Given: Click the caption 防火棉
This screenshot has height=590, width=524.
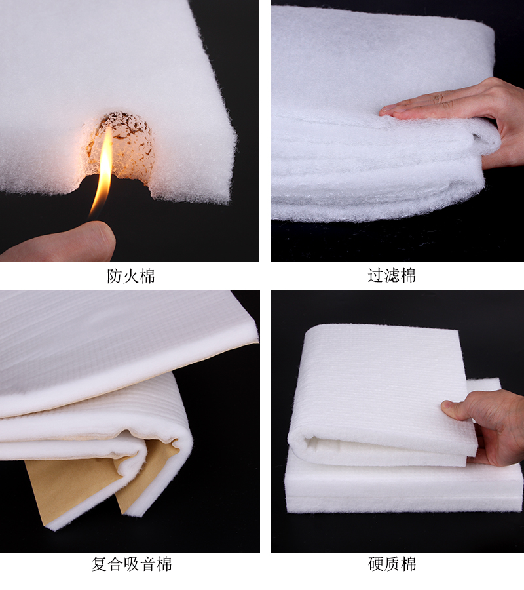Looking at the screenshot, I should click(x=131, y=276).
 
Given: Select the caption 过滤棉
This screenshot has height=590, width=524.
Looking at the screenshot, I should click(x=392, y=276).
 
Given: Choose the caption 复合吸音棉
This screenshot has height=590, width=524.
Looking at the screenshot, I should click(x=131, y=564).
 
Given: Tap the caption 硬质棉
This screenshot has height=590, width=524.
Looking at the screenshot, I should click(x=392, y=564).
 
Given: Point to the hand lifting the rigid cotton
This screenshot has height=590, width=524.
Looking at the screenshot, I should click(x=488, y=423).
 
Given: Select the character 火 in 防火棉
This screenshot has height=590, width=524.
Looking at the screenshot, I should click(x=131, y=276).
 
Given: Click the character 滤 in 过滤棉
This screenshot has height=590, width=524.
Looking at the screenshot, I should click(x=392, y=276).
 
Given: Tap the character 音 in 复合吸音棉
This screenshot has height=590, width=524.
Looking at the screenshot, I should click(x=147, y=564).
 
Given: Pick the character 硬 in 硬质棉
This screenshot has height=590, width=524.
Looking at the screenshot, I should click(x=376, y=564).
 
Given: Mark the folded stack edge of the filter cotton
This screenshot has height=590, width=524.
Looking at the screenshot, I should click(x=367, y=177).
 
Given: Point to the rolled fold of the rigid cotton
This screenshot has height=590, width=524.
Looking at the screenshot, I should click(x=305, y=446).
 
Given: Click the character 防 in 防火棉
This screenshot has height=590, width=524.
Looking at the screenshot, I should click(x=115, y=276).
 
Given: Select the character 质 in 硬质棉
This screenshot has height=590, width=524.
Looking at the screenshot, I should click(x=392, y=564).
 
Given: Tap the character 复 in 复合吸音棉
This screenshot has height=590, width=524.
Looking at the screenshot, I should click(x=100, y=564).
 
